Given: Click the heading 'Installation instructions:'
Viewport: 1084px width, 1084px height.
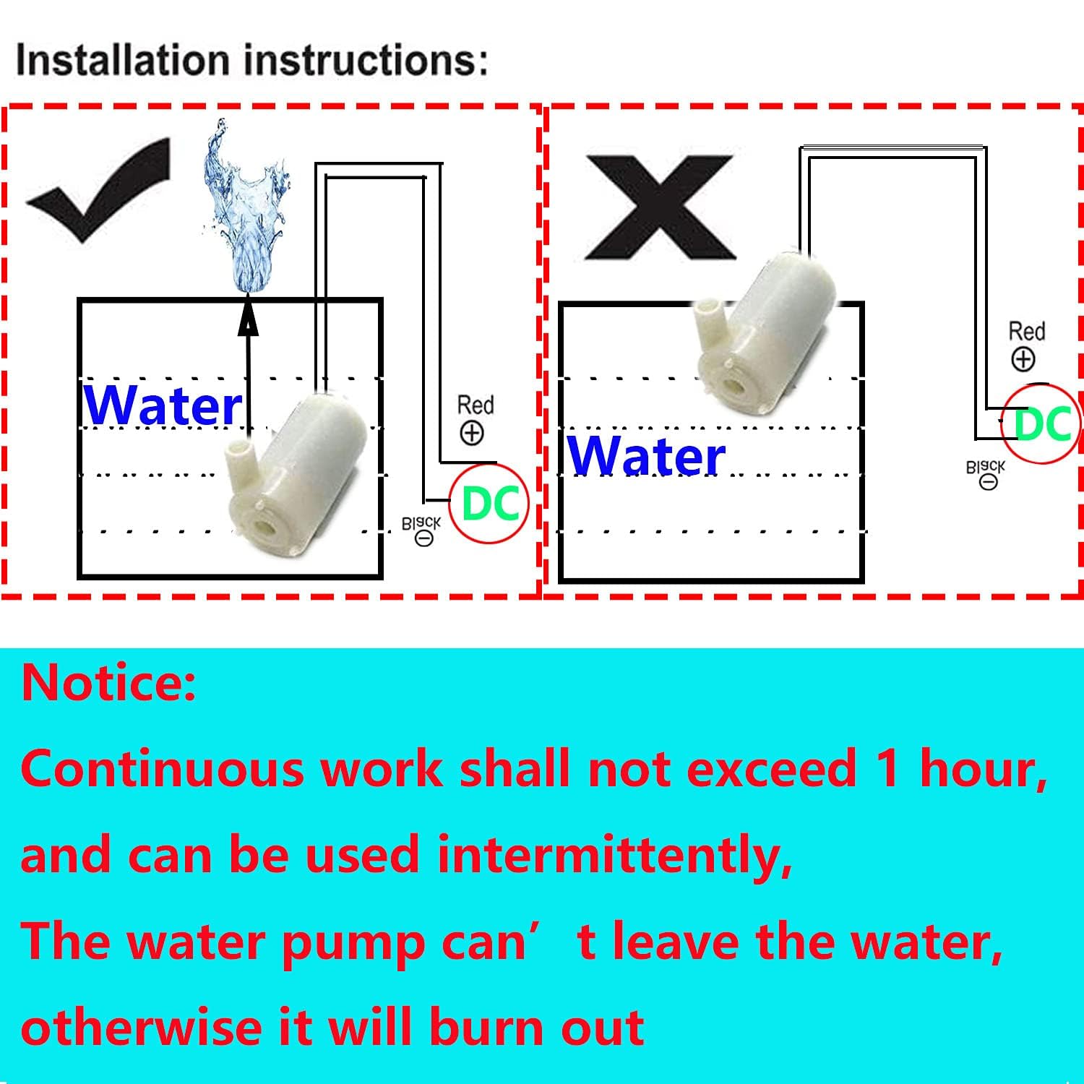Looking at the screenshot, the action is point(251,61).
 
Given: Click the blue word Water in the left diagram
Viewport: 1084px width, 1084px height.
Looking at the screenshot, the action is point(163,405).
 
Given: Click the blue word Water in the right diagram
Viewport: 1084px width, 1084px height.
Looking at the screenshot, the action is point(647,456).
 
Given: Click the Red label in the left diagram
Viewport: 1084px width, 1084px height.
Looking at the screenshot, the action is point(475,405).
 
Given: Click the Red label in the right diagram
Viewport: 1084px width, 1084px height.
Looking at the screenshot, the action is point(1027,332).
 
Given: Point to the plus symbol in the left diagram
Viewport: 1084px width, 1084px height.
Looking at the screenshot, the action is point(472,433).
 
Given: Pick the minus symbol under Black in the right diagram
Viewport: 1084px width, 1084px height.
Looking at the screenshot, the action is point(988,482).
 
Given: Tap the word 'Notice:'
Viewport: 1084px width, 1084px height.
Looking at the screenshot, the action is point(108,683).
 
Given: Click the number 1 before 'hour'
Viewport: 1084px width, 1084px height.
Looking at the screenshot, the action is point(887,767).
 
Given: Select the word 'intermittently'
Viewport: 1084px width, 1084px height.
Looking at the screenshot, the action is point(614,854).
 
